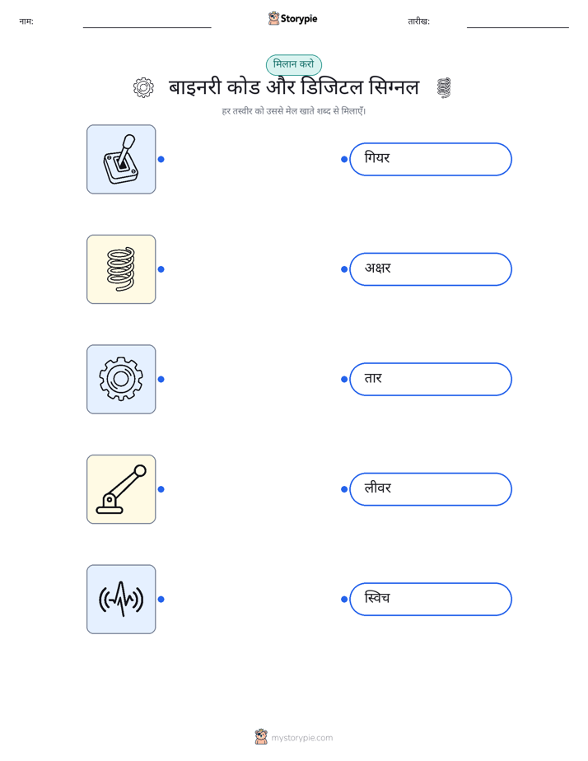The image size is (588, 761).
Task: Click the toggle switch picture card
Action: (121, 159)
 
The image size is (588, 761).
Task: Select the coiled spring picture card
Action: (121, 269)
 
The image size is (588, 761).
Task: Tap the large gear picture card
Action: (121, 379)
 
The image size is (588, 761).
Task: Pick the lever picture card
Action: (121, 489)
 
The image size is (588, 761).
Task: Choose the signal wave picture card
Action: (121, 600)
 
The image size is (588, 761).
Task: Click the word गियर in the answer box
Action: (377, 158)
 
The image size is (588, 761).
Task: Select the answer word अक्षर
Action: (377, 268)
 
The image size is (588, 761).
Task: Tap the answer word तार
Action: (373, 378)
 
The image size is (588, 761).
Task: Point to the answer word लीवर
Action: (377, 488)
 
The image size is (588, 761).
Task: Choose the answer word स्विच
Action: (377, 597)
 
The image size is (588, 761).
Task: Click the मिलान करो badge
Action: (293, 64)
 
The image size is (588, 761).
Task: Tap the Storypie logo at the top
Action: (292, 18)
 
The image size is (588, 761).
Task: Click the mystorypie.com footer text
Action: (301, 738)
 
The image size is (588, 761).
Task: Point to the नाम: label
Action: (26, 21)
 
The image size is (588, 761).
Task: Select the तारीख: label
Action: (418, 21)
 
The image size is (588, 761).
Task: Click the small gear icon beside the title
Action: (143, 87)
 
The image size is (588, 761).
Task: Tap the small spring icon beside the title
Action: (443, 87)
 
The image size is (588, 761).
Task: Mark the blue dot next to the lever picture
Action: (161, 489)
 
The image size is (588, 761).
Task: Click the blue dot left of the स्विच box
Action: (344, 600)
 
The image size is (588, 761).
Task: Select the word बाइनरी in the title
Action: (195, 87)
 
